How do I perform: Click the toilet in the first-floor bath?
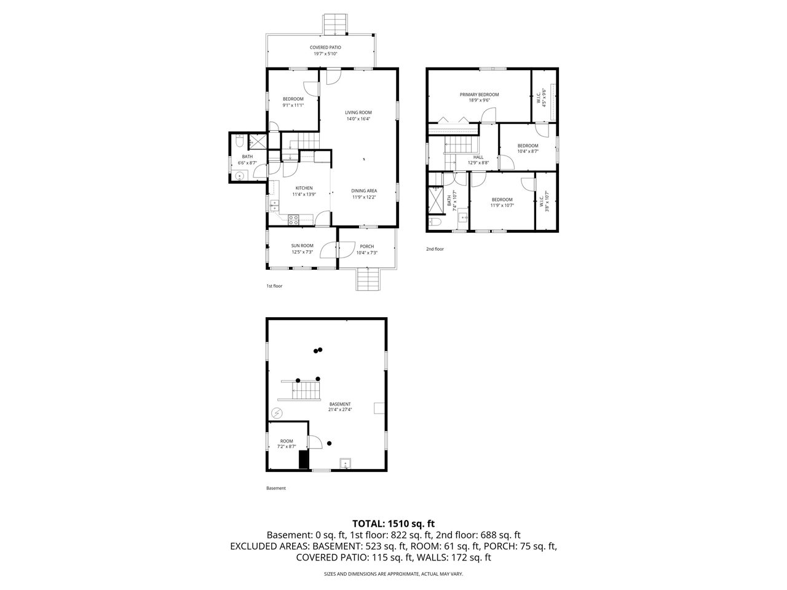(x=239, y=143)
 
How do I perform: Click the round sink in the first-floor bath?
(x=240, y=176)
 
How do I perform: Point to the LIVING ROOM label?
(x=358, y=112)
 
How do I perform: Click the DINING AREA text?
(x=364, y=191)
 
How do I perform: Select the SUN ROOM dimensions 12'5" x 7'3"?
(x=302, y=252)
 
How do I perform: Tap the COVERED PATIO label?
(x=325, y=47)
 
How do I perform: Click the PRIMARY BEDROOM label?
(x=479, y=95)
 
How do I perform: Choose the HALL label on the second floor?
(x=478, y=157)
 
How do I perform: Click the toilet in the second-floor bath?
(x=435, y=221)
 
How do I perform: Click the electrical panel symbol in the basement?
(x=277, y=412)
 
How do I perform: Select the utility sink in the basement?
(x=346, y=463)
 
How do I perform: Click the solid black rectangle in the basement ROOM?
(x=303, y=460)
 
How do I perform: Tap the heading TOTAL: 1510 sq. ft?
(x=393, y=524)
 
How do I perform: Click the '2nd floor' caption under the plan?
(x=435, y=249)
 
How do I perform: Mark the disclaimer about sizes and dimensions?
(x=393, y=574)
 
